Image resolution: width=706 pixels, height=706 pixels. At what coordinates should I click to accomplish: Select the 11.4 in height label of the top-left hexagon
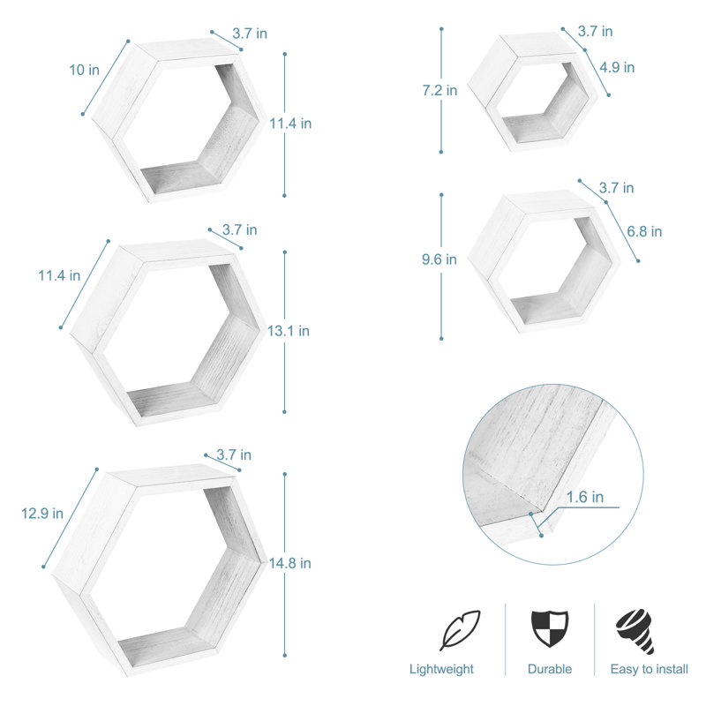pos(290,124)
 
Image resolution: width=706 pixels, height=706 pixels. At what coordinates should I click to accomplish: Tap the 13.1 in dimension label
pos(289,331)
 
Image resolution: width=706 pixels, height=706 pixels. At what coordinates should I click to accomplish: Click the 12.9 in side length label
pos(41,513)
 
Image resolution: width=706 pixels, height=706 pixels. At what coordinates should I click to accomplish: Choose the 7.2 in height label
pos(439,90)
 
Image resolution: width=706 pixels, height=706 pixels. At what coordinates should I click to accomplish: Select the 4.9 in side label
pos(617,67)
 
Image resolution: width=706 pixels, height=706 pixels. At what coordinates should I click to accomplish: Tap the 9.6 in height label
pos(439,259)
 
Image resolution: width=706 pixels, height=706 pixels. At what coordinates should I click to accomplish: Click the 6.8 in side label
pos(643,232)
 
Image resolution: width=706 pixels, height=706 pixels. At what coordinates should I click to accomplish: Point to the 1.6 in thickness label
pos(586,498)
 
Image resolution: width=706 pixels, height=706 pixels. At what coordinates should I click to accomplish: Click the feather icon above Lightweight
pos(460,630)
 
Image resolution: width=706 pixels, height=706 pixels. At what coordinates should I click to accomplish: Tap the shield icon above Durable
pos(550,629)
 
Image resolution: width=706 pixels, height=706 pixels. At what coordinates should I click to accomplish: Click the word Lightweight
pos(441,670)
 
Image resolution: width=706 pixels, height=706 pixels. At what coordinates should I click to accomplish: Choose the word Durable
pos(550,670)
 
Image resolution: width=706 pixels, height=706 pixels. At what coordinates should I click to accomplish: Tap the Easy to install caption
pos(650,670)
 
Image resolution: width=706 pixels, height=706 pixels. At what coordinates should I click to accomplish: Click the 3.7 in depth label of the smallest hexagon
pos(595,31)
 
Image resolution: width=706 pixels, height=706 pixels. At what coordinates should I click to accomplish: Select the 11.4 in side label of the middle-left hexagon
pos(59,275)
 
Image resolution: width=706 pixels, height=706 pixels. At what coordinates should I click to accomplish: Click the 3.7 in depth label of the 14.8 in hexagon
pos(234,455)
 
